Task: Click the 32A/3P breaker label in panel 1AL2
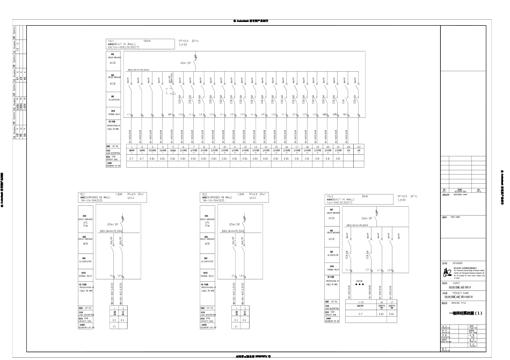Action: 368,219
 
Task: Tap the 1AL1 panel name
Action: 111,41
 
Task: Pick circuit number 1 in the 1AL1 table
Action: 131,146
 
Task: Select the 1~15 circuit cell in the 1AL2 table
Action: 360,302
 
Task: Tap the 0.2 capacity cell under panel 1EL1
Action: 114,320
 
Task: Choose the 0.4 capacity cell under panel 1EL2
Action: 245,320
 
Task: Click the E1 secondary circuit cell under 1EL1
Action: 114,326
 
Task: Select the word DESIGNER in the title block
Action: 457,264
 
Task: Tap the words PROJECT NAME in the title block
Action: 461,294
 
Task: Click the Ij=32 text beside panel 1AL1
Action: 183,44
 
